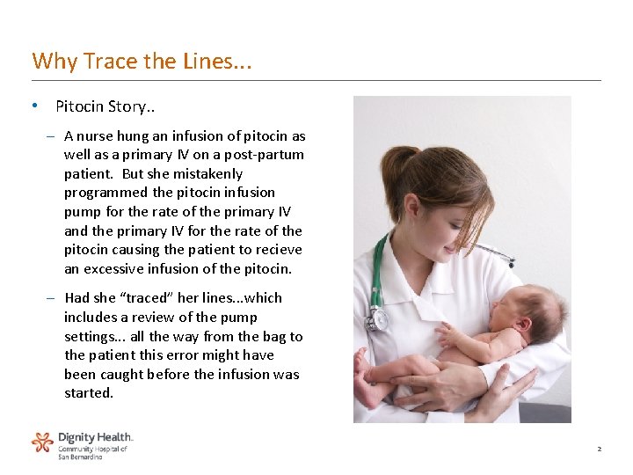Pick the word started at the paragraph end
pos(89,393)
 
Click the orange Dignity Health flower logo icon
pos(42,442)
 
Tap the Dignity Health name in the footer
pos(95,436)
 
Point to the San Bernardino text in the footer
pos(80,457)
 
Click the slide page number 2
pos(599,449)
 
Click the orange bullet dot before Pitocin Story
pos(33,106)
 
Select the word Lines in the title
pos(208,61)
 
